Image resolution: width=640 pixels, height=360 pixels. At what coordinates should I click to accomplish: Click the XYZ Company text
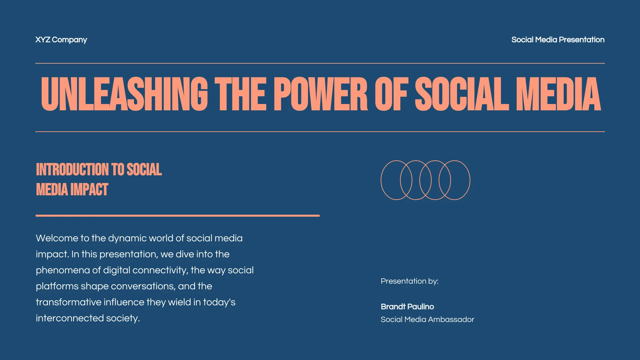[x=61, y=40]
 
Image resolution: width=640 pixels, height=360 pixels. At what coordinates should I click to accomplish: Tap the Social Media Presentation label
[x=558, y=40]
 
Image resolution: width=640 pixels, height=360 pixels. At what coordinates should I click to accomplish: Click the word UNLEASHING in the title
[x=124, y=94]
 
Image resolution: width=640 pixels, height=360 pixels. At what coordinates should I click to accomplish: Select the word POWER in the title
[x=320, y=94]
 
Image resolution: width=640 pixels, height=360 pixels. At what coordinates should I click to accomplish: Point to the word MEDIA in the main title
[x=558, y=94]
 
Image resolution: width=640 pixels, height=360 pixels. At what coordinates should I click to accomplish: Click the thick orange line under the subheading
[x=177, y=216]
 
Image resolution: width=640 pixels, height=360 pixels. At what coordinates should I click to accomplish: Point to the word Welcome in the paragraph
[x=57, y=238]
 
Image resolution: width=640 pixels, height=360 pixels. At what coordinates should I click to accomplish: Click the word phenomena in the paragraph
[x=63, y=270]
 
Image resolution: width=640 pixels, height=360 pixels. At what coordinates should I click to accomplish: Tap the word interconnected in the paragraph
[x=70, y=318]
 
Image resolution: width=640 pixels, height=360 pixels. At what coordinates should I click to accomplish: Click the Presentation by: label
[x=409, y=281]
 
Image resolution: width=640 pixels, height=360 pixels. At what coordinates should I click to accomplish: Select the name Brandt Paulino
[x=407, y=307]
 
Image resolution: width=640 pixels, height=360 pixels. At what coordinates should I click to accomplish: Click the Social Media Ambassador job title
[x=427, y=319]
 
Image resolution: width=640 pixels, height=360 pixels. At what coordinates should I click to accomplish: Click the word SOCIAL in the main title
[x=462, y=94]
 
